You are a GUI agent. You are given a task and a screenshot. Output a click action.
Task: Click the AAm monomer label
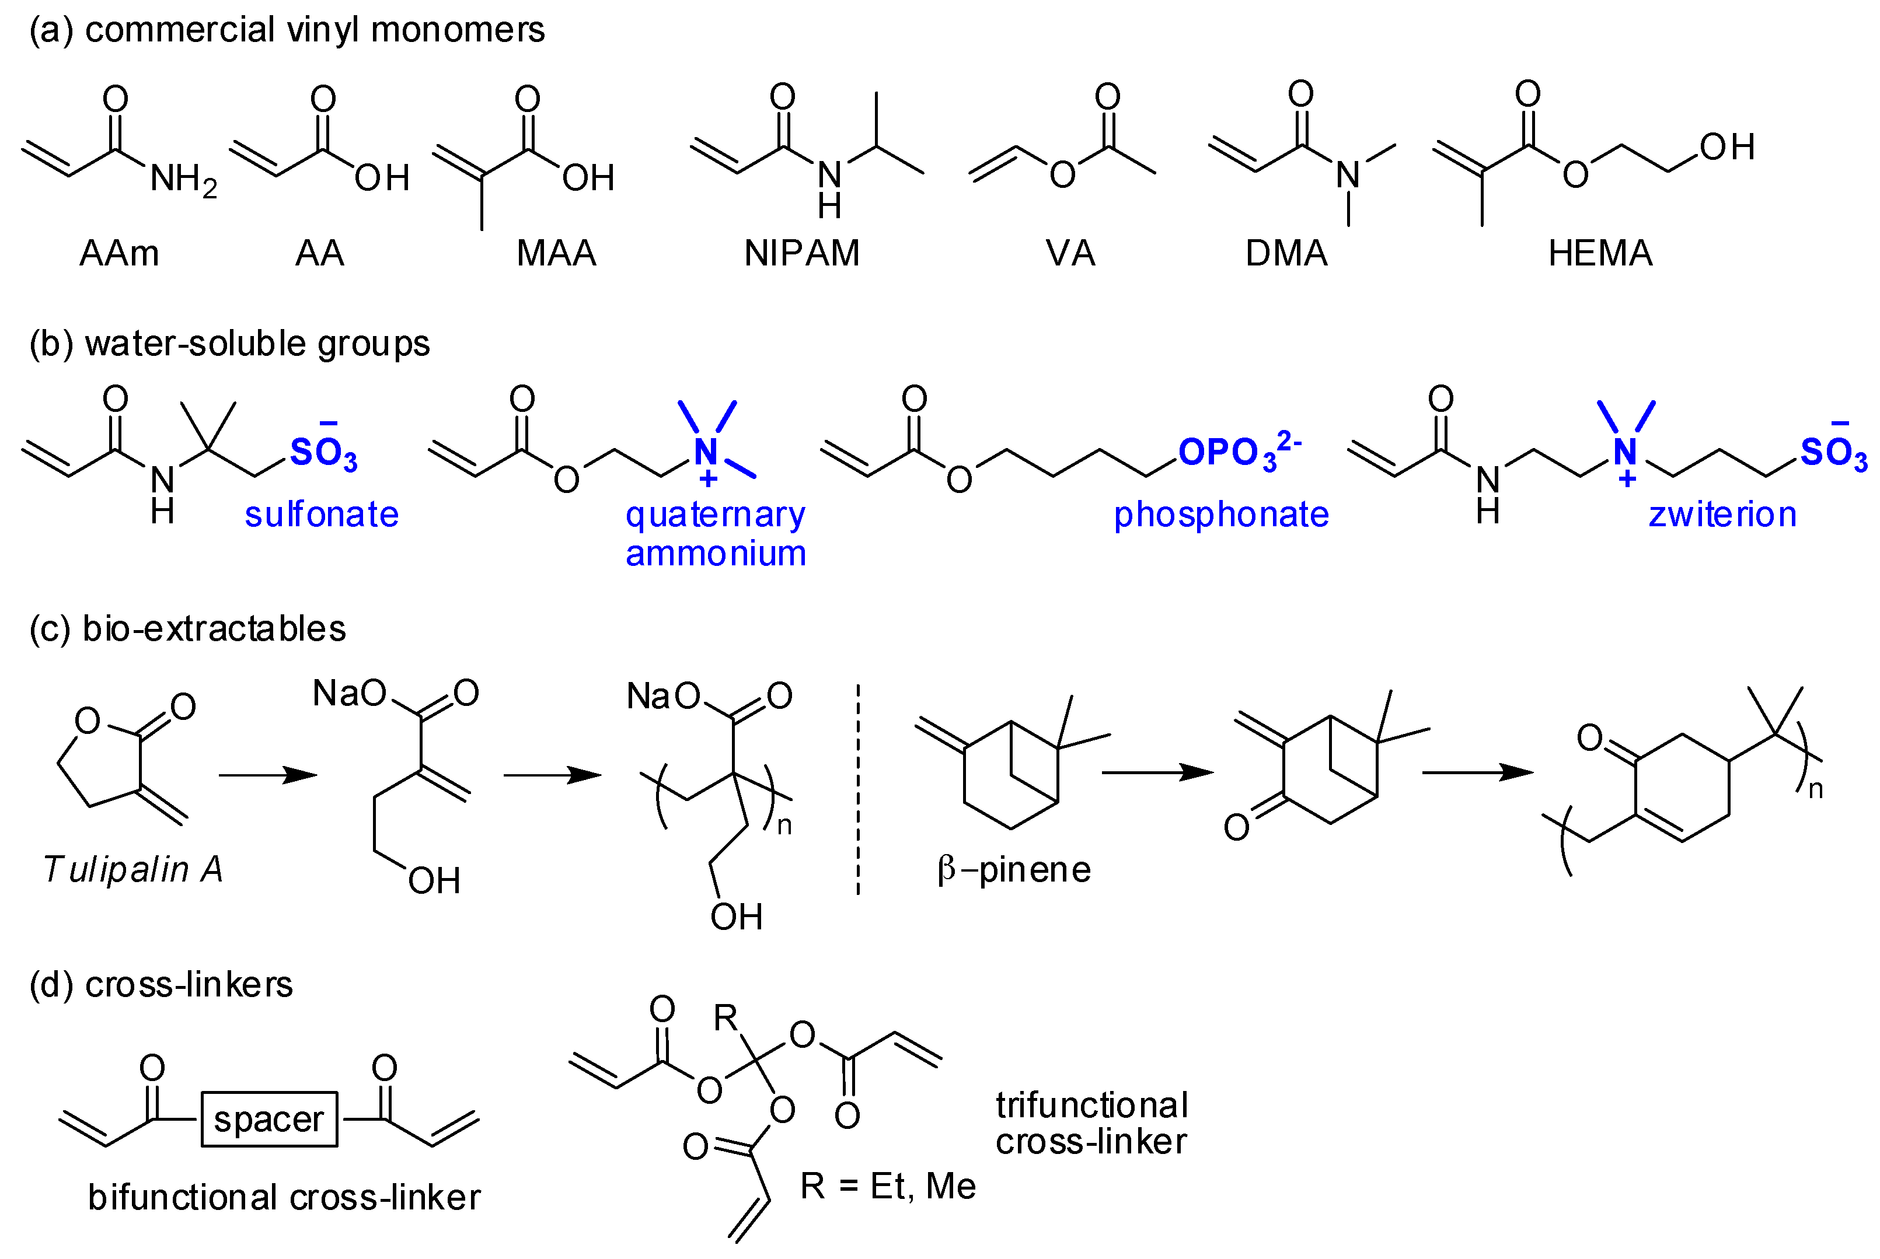click(119, 254)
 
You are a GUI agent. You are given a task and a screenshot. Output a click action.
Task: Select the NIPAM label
click(801, 254)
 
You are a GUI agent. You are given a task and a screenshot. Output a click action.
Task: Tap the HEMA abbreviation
click(1600, 254)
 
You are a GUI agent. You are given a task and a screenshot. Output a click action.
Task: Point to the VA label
click(1070, 254)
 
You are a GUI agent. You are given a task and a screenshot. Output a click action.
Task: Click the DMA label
click(1286, 254)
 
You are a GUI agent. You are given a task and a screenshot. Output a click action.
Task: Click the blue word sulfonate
click(321, 515)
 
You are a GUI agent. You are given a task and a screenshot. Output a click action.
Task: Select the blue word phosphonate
click(1220, 515)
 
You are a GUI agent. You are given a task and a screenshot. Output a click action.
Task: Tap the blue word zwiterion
click(1722, 515)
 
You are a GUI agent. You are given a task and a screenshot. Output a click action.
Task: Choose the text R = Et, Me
click(887, 1186)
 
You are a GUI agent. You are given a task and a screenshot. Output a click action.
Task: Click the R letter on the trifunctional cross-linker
click(725, 1019)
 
